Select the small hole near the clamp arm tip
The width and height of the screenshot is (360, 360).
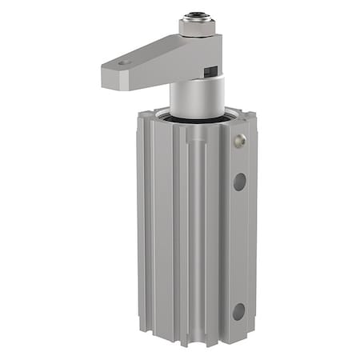122,62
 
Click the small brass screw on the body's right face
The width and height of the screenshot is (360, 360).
238,142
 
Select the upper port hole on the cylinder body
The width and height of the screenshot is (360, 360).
239,182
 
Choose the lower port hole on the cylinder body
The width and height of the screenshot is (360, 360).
239,311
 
